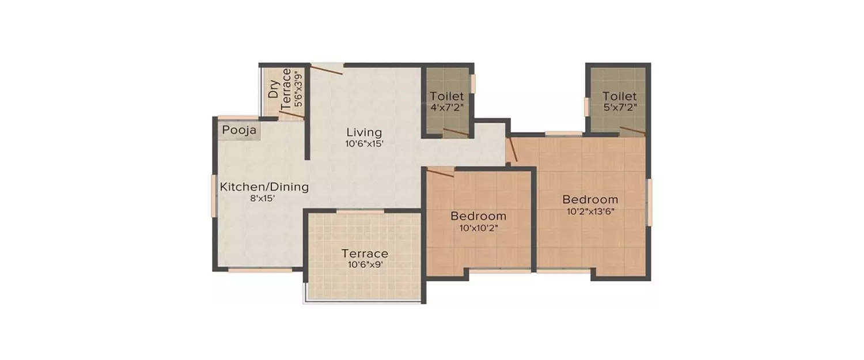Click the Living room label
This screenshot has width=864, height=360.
pos(364,132)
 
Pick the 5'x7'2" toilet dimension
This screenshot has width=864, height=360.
pos(619,107)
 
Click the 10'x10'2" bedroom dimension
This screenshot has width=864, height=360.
pos(478,228)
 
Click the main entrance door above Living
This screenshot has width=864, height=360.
pos(327,69)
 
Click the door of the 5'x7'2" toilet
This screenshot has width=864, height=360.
pos(632,131)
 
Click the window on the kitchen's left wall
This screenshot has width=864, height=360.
pos(214,196)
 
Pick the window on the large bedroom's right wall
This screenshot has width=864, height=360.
pos(649,202)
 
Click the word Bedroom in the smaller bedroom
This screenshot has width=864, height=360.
pos(478,217)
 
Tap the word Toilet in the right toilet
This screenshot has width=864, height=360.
pos(619,96)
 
